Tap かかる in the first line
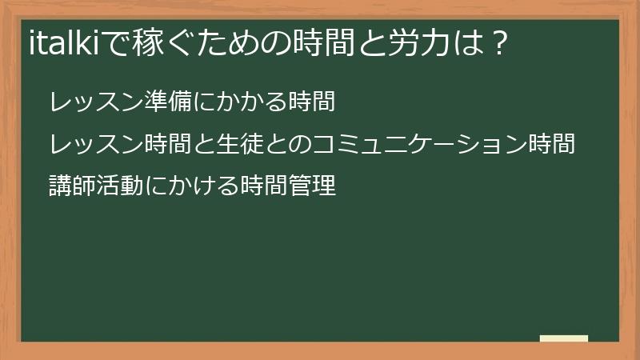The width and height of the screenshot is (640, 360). tap(248, 102)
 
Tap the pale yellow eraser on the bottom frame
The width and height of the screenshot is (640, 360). tap(563, 338)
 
